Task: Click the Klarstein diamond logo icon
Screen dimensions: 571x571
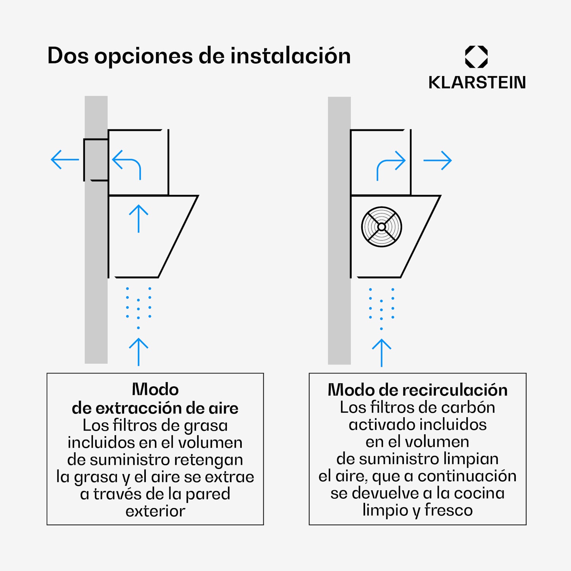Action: tap(476, 57)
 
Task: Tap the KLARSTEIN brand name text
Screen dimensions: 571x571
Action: tap(477, 83)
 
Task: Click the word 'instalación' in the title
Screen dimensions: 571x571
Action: tap(290, 56)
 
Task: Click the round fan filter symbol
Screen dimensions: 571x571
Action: tap(381, 227)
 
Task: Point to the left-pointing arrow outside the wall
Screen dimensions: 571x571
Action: tap(65, 159)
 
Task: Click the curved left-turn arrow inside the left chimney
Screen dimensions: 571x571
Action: tap(127, 164)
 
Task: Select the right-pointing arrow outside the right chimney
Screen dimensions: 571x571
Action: tap(437, 160)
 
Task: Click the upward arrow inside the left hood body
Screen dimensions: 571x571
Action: tap(139, 219)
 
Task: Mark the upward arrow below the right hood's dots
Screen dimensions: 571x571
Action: tap(381, 352)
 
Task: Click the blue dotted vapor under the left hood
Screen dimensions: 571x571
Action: tap(139, 306)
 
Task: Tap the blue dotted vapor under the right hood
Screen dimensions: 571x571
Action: tap(381, 307)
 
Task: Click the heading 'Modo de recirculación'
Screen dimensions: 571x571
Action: tap(418, 390)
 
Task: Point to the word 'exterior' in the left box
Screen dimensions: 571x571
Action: tap(155, 511)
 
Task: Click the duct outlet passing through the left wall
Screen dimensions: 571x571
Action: tap(96, 159)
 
